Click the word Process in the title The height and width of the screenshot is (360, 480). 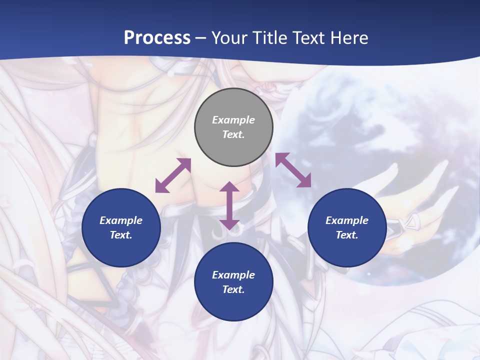pos(157,38)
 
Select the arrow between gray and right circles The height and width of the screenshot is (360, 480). pos(293,170)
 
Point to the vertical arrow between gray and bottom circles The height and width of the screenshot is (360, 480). pos(229,205)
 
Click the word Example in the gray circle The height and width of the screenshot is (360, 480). pos(233,120)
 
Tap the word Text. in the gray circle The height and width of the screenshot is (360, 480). pos(233,134)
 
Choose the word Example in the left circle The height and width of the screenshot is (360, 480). pos(121,220)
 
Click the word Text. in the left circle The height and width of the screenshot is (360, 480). pos(121,235)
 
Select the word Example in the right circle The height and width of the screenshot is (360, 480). pos(347,220)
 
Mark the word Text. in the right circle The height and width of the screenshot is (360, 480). pos(347,235)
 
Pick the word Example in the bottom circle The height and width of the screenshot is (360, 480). pos(233,275)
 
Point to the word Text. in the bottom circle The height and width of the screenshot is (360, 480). pos(233,289)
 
